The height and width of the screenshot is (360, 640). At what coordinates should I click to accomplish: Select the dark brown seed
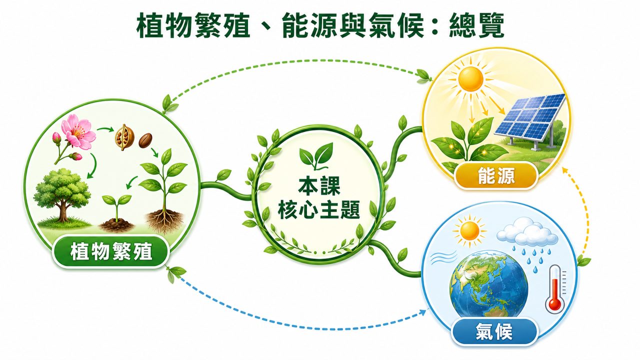(145, 140)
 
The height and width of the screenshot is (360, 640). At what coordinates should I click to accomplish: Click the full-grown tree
(62, 195)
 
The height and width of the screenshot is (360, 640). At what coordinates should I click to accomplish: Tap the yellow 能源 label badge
(496, 175)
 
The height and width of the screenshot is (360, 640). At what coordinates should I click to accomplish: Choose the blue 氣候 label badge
(494, 331)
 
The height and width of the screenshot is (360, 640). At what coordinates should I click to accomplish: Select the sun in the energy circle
(470, 79)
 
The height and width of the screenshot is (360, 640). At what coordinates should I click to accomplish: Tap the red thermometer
(554, 289)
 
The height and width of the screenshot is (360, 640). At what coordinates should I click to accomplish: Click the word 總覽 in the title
(476, 25)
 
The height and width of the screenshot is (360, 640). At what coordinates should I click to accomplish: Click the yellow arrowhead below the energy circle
(564, 170)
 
